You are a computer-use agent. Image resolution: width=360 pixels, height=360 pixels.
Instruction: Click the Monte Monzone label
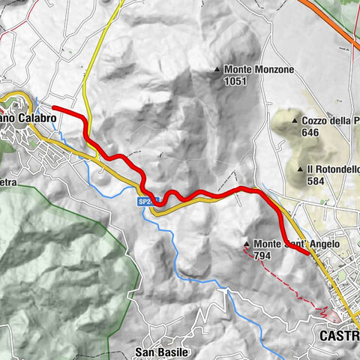tap(259, 70)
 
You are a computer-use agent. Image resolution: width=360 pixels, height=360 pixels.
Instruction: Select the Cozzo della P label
tap(330, 120)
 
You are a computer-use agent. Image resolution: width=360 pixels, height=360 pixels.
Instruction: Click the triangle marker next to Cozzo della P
tap(294, 120)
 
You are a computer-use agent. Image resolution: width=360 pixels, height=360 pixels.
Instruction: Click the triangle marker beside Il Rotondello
tap(299, 169)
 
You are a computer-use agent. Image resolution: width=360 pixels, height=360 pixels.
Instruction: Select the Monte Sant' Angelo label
tap(297, 244)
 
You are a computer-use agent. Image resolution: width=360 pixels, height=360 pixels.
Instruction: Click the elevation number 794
tap(262, 256)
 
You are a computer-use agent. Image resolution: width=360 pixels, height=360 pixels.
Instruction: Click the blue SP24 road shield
tap(146, 202)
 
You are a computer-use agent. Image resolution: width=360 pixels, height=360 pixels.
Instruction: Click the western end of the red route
tap(54, 109)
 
